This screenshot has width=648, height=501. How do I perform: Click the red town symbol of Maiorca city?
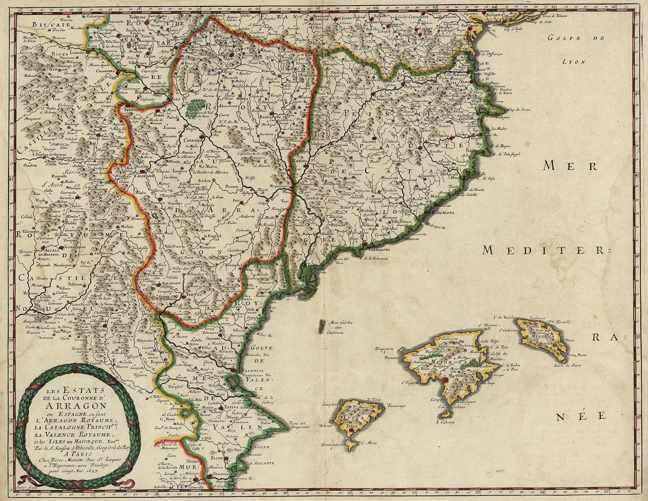(x=445, y=380)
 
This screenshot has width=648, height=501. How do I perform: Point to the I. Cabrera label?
(x=445, y=422)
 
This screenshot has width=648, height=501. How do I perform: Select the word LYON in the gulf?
(x=576, y=62)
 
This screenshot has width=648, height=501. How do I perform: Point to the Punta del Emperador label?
(x=301, y=425)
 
